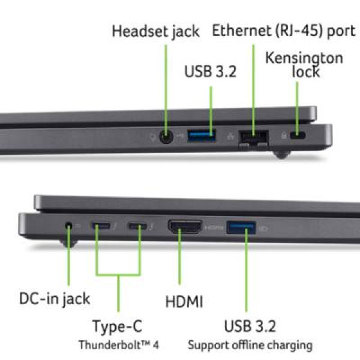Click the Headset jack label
155,31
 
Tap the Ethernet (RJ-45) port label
284,31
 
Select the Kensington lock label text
304,65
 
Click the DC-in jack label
55,299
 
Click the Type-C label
118,326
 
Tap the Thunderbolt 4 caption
119,344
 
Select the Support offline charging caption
250,346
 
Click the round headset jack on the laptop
166,137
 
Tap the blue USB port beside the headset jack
202,136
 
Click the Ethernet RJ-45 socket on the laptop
254,139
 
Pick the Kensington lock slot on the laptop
298,135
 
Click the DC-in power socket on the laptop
68,226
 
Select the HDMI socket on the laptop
185,226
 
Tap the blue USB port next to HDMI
241,227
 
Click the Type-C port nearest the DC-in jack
101,226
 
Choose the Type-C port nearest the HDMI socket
137,226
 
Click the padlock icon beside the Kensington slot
284,135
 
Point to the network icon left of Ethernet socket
230,136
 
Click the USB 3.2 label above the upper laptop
211,71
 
